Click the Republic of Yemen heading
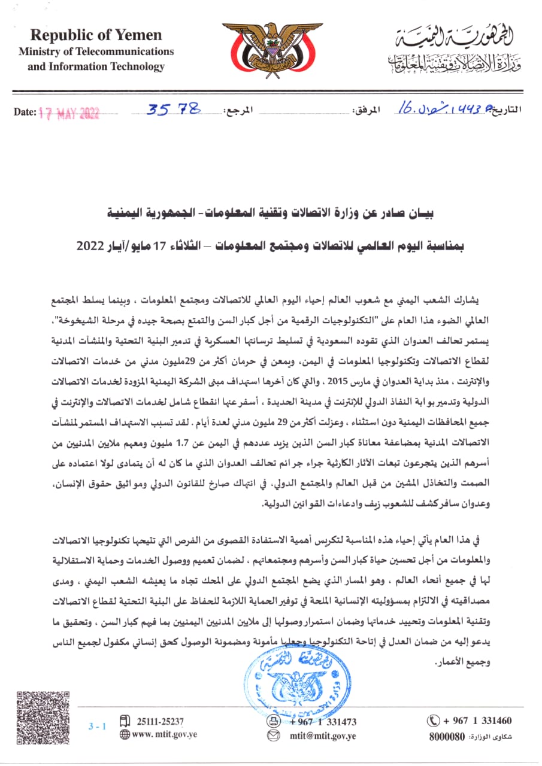[x=96, y=35]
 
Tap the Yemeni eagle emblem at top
[x=271, y=50]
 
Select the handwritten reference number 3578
[x=174, y=110]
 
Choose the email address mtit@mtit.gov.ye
[x=323, y=735]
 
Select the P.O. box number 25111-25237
[x=160, y=721]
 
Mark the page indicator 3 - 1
[x=96, y=727]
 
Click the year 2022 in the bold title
[x=89, y=246]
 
